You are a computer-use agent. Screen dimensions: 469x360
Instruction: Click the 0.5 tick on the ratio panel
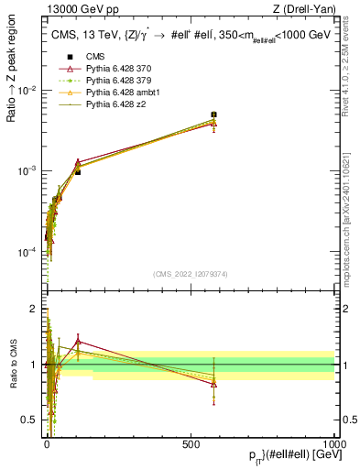pyautogui.click(x=31, y=420)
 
